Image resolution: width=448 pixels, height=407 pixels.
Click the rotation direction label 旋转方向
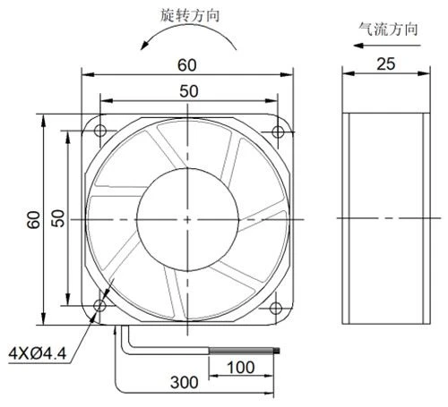coord(190,15)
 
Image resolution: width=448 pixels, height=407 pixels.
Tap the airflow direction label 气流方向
coord(388,30)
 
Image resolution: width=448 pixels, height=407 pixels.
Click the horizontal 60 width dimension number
coord(187,65)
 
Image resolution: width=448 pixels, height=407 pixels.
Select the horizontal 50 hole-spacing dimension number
coord(189,91)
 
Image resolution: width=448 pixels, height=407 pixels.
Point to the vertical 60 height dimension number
coord(33,220)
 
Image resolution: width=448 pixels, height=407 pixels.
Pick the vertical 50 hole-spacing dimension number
coord(58,218)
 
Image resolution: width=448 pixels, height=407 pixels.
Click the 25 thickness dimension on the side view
coord(386,64)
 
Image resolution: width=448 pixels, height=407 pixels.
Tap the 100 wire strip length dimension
coord(241,368)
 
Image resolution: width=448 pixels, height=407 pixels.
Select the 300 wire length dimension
coord(184,382)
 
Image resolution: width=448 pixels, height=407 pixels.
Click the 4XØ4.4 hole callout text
coord(38,354)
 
